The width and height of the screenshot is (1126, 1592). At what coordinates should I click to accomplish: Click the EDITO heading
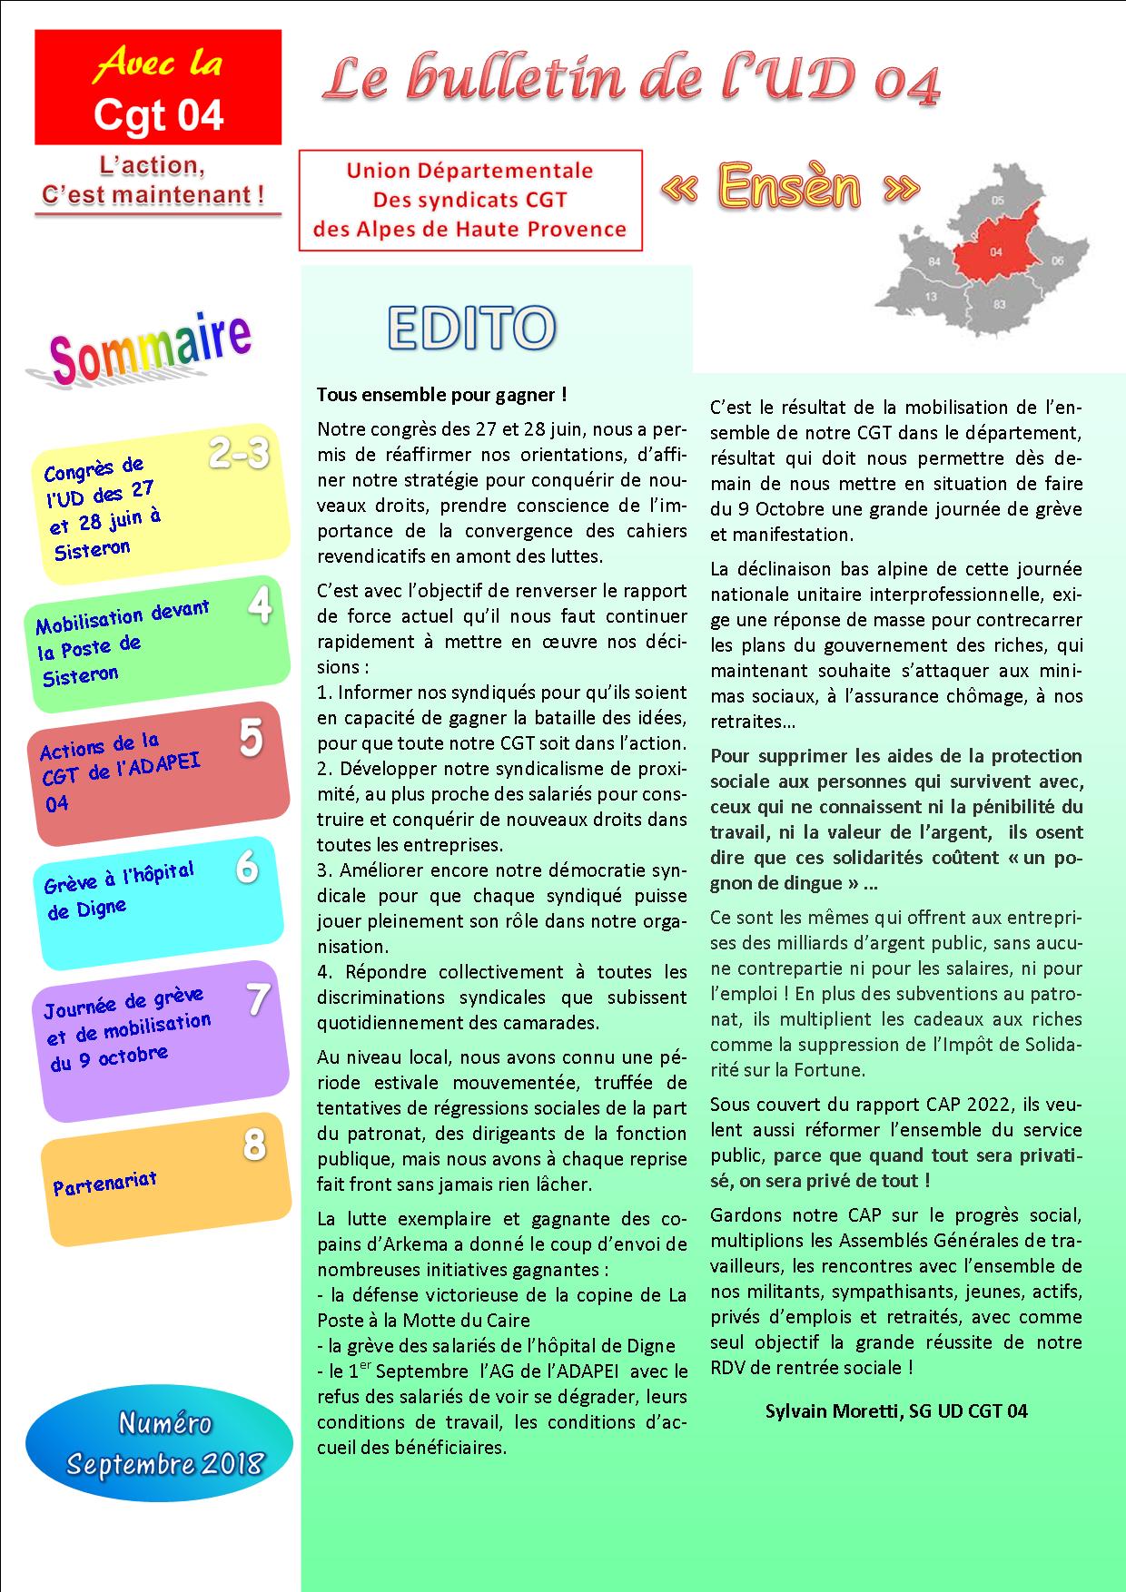point(470,328)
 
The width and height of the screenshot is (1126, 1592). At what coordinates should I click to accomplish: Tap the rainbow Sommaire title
point(149,350)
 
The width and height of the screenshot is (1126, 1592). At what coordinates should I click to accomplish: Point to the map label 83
point(999,305)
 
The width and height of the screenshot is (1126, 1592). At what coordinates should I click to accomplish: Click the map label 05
point(998,200)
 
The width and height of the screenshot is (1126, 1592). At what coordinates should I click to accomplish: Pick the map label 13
point(931,297)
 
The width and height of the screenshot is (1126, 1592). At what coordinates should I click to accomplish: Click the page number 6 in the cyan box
point(246,868)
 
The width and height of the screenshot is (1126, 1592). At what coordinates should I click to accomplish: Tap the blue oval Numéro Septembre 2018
point(159,1442)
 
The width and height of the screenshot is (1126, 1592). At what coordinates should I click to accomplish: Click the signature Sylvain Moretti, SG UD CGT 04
point(895,1410)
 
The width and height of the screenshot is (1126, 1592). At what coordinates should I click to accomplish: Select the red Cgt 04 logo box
point(158,87)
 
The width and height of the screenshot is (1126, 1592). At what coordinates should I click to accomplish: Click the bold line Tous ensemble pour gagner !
point(441,395)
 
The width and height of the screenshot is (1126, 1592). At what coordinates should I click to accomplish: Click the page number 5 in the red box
point(251,739)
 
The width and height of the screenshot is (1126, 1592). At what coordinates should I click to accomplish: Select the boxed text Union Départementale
point(469,171)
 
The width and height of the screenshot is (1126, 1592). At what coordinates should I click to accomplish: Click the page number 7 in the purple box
point(258,999)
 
